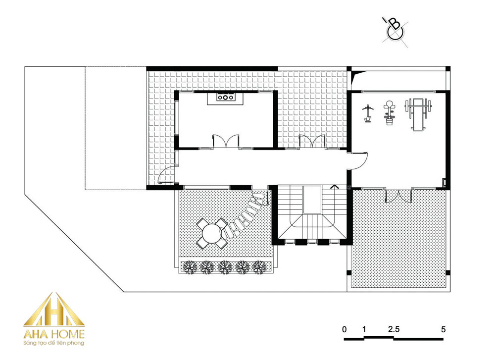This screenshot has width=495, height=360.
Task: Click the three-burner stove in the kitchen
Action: [225, 98]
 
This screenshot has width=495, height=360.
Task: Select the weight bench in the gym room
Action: [418, 114]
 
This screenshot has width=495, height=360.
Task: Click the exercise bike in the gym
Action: [389, 113]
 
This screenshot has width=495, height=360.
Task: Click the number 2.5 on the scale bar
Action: [394, 329]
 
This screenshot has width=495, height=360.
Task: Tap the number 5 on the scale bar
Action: [443, 329]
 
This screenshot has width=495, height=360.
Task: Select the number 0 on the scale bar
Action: [345, 329]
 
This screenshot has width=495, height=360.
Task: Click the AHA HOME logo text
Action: [54, 334]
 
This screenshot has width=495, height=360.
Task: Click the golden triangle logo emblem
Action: [54, 309]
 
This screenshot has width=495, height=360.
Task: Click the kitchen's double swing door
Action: [226, 141]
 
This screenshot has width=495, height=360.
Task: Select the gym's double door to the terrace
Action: [398, 195]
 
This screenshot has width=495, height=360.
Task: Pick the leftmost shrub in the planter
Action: [190, 267]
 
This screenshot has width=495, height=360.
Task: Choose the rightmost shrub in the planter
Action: [259, 267]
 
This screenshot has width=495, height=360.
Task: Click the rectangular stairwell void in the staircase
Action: [312, 200]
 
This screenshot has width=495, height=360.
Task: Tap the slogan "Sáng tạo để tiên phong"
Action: [54, 343]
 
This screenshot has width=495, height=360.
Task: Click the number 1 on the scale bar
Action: [364, 329]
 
